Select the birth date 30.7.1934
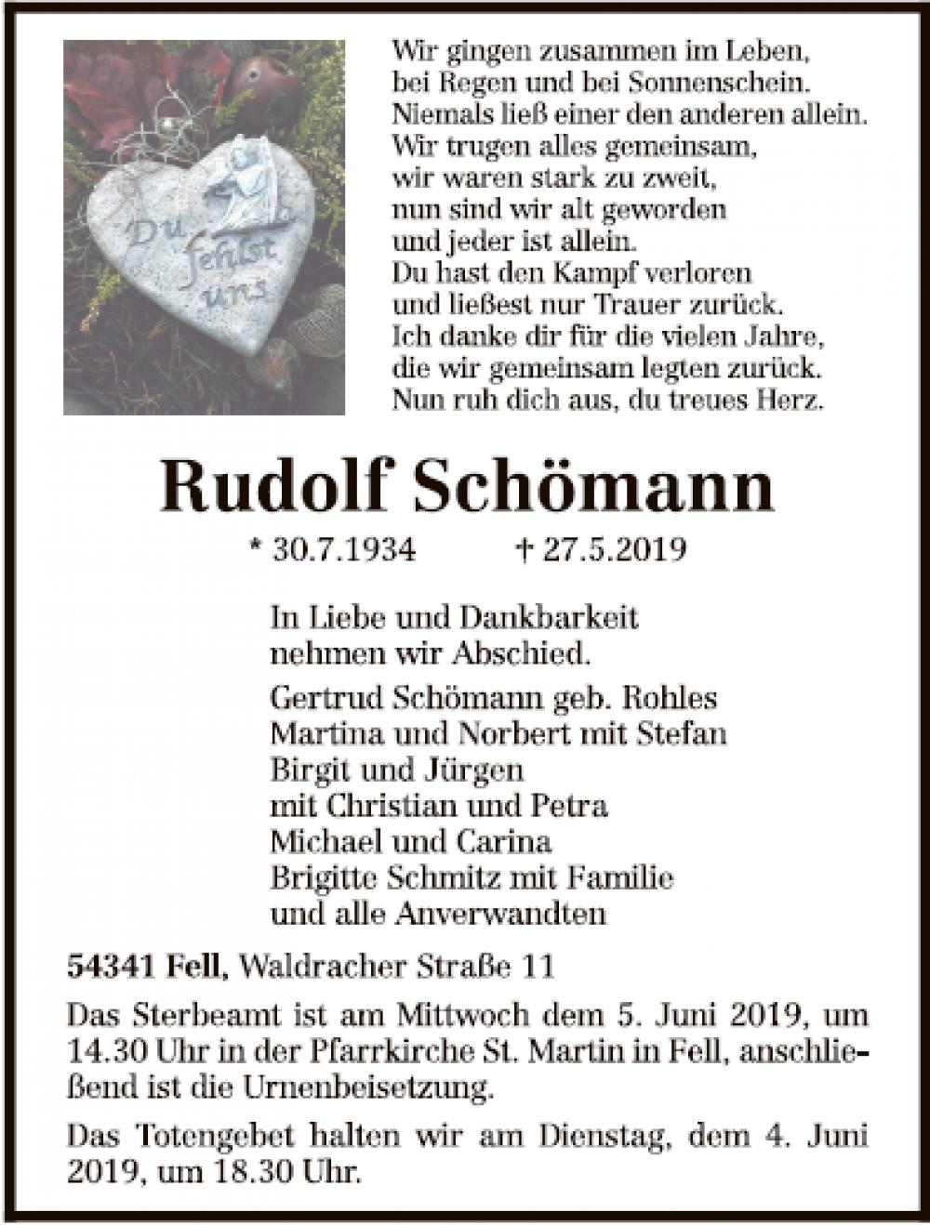344,549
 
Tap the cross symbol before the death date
523,549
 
